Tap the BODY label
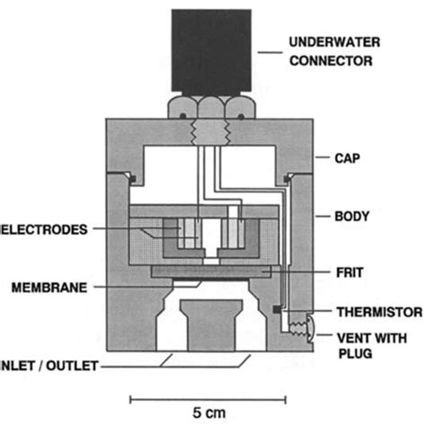(354, 217)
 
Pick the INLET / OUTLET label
(49, 365)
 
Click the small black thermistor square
(273, 311)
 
